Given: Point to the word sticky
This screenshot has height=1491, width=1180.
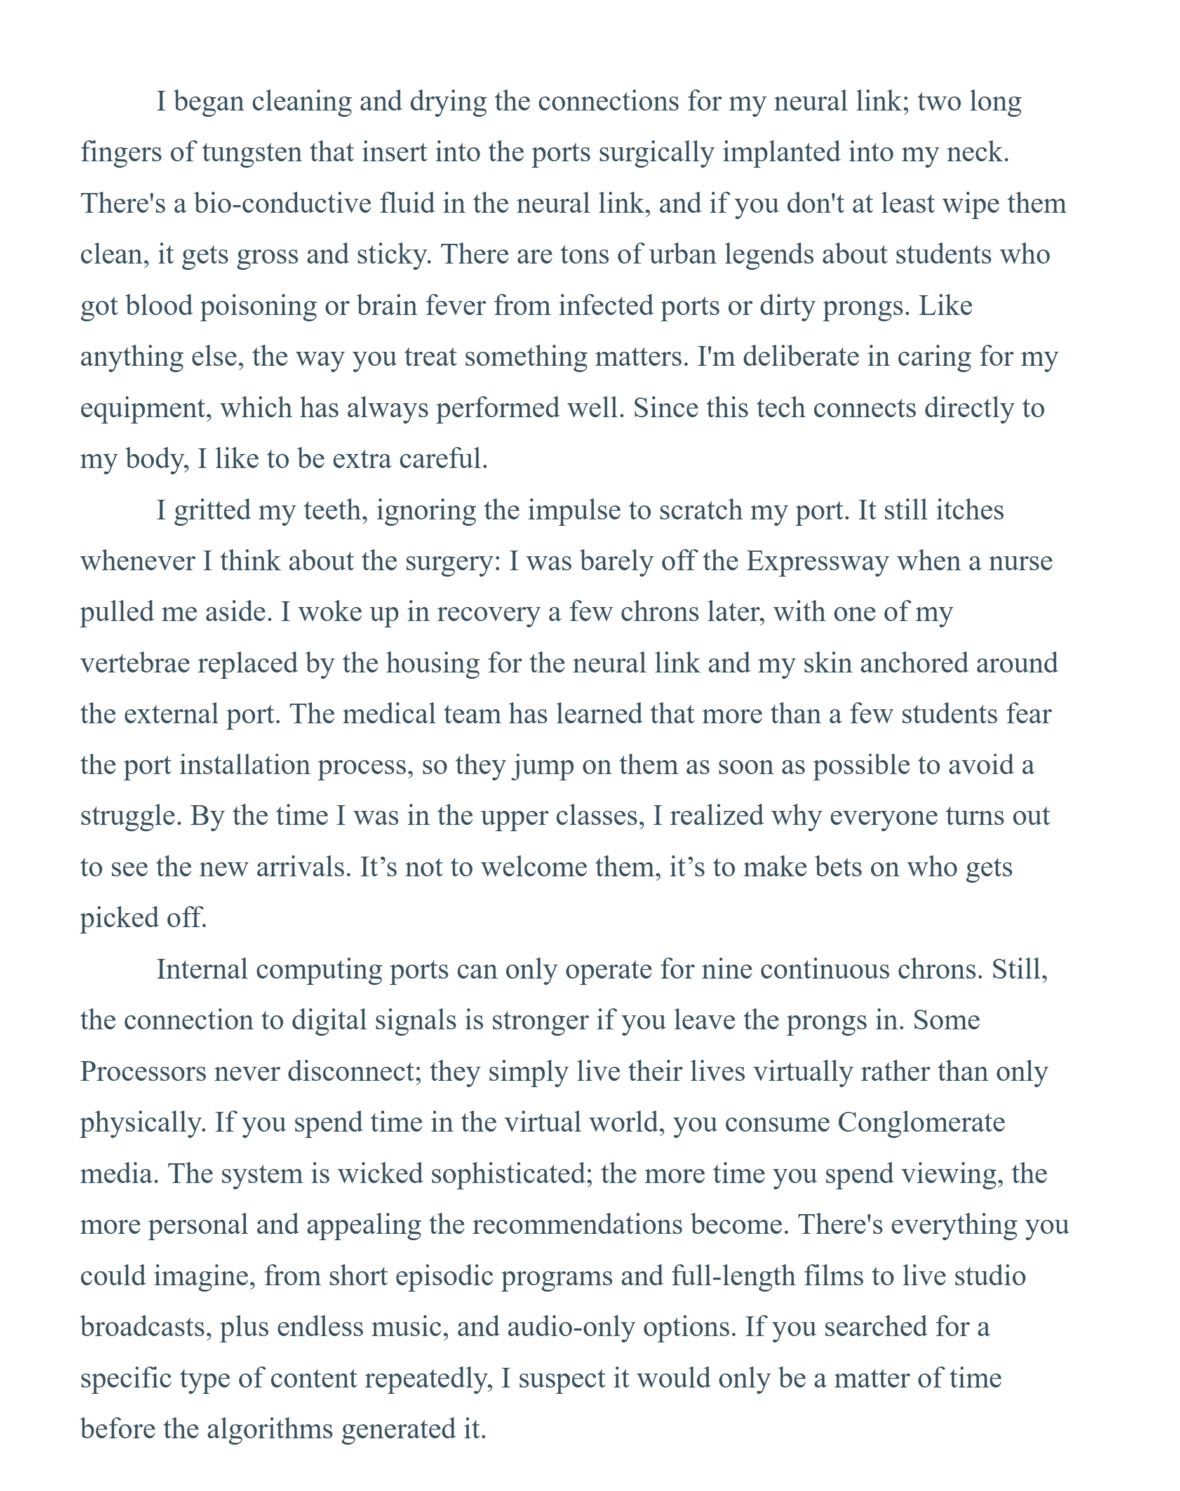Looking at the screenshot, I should (394, 255).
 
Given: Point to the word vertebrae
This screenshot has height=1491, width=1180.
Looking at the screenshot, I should (135, 664).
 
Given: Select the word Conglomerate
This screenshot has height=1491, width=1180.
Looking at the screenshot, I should (921, 1123).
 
